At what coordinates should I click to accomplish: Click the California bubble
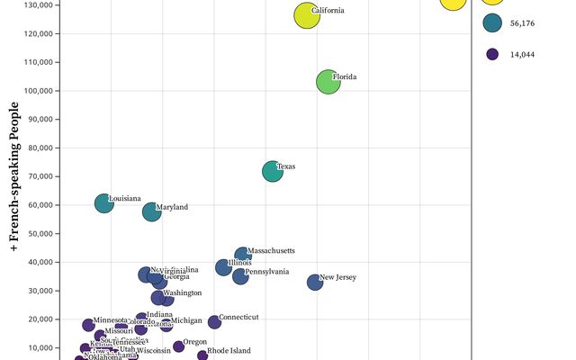click(308, 15)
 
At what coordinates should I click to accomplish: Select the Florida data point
click(329, 82)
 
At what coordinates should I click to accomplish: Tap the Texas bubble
click(273, 171)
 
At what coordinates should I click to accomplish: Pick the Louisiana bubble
click(104, 203)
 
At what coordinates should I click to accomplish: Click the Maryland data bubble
click(151, 212)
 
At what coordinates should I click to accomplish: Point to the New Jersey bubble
click(315, 282)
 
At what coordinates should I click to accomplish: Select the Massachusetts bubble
click(243, 256)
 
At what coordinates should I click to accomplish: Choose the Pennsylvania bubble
click(240, 276)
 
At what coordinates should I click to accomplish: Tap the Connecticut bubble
click(214, 322)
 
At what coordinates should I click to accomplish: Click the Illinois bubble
click(223, 267)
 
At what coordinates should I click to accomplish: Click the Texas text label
click(286, 166)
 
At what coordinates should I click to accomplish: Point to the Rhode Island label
click(229, 351)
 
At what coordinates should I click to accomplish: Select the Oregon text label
click(195, 342)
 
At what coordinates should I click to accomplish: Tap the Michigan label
click(187, 320)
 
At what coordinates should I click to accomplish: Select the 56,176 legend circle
click(492, 22)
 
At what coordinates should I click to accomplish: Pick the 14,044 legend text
click(522, 55)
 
